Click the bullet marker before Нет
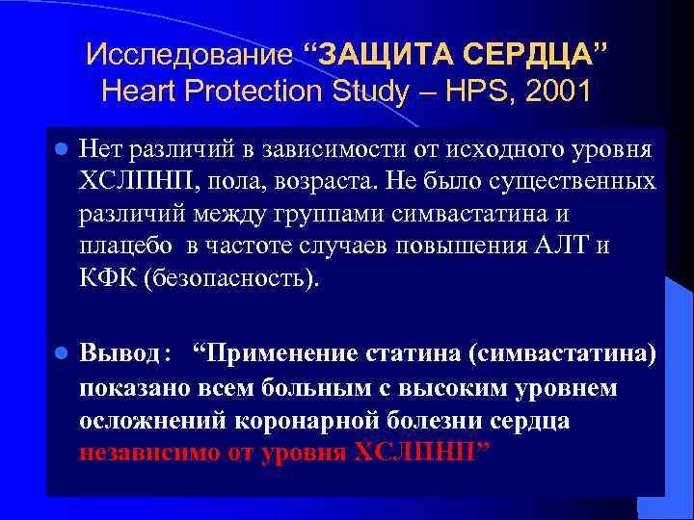[60, 151]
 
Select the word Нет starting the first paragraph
[98, 150]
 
